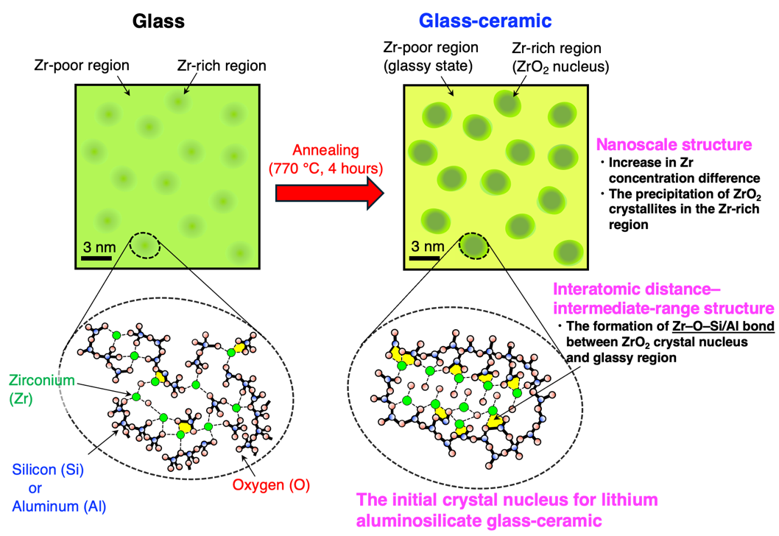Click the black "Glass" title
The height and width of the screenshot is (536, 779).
point(158,21)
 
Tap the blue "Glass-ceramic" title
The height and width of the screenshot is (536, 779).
point(485,21)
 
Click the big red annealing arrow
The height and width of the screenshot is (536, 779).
point(329,193)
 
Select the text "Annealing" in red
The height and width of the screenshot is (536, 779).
point(325,150)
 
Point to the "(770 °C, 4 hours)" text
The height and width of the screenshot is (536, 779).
point(325,169)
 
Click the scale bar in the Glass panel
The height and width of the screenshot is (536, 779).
point(96,258)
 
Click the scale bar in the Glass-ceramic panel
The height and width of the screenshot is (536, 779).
point(425,258)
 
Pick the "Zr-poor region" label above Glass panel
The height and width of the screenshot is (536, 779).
point(82,65)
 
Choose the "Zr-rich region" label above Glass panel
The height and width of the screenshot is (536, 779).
point(222,66)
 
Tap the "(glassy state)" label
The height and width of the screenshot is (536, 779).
point(428,66)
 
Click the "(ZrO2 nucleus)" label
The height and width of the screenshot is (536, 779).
point(560,66)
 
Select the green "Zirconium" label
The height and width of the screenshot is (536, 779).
point(42,381)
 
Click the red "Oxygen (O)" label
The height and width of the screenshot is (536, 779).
point(271,485)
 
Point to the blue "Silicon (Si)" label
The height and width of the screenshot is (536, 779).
point(48,470)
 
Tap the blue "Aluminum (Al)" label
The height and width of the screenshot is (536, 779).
point(59,507)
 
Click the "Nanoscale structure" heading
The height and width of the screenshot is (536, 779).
point(674,144)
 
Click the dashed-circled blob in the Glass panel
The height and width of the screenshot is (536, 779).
point(144,245)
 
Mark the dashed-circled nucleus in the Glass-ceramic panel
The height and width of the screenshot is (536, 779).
point(473,245)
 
